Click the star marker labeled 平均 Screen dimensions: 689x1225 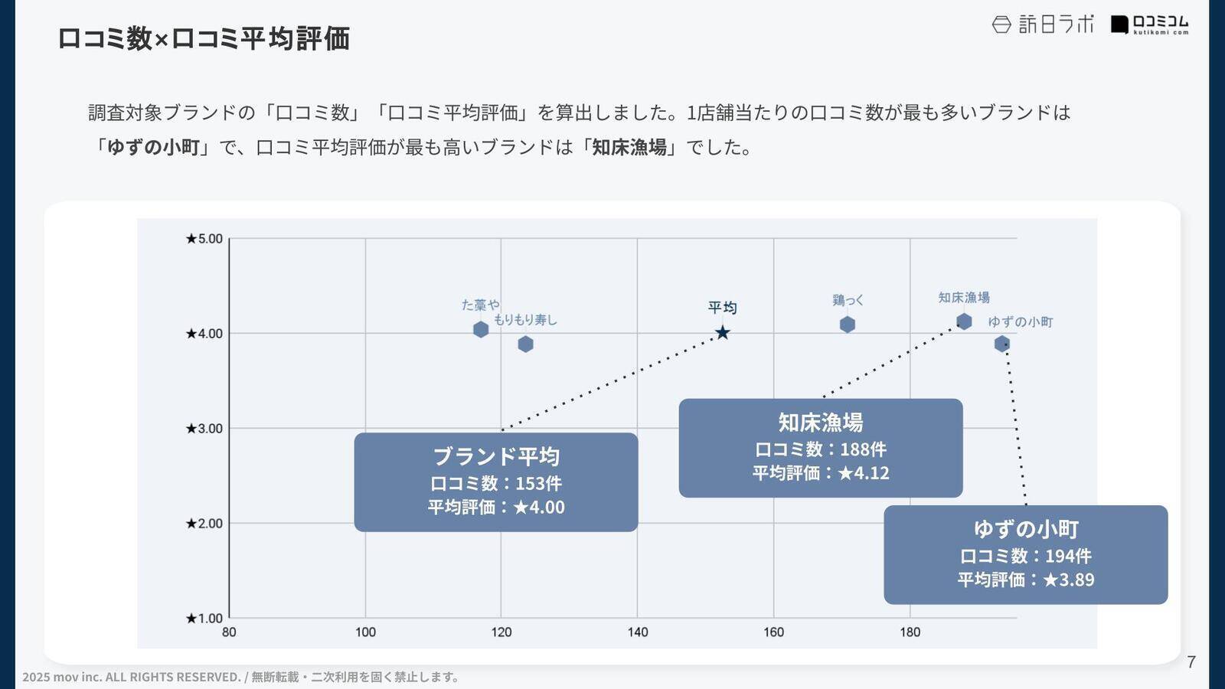pyautogui.click(x=722, y=333)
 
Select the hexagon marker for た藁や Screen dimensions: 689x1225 pyautogui.click(x=481, y=329)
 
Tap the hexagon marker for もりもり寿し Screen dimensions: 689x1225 pyautogui.click(x=525, y=344)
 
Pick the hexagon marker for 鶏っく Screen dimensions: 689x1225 pyautogui.click(x=847, y=325)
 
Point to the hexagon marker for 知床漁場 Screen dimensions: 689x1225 pyautogui.click(x=964, y=322)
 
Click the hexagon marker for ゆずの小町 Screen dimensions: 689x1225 pyautogui.click(x=1001, y=344)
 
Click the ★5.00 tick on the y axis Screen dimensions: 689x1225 pyautogui.click(x=204, y=239)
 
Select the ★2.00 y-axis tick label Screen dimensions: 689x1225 pyautogui.click(x=204, y=524)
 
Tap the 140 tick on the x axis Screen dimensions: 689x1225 pyautogui.click(x=637, y=632)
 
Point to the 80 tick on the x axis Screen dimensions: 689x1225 pyautogui.click(x=229, y=632)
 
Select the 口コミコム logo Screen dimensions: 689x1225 pyautogui.click(x=1150, y=24)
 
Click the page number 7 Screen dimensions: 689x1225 pyautogui.click(x=1191, y=662)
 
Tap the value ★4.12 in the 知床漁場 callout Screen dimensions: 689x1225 pyautogui.click(x=864, y=473)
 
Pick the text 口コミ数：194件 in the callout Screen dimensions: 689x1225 pyautogui.click(x=1025, y=556)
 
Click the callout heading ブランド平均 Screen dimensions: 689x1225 pyautogui.click(x=496, y=456)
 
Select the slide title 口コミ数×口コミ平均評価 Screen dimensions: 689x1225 pyautogui.click(x=204, y=38)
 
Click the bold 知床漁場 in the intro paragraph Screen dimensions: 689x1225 pyautogui.click(x=629, y=147)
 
